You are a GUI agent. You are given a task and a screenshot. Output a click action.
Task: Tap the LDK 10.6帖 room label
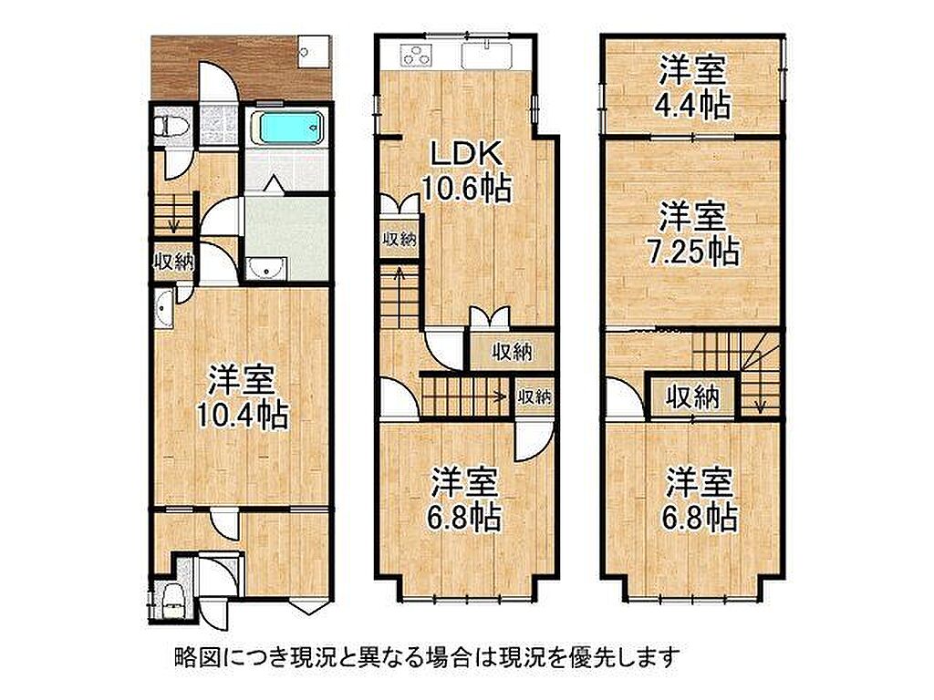pyautogui.click(x=466, y=172)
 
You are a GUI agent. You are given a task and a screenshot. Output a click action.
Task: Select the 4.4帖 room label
pyautogui.click(x=692, y=88)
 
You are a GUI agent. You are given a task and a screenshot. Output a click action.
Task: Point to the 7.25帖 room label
pyautogui.click(x=692, y=234)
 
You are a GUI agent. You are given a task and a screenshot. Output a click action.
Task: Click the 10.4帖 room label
pyautogui.click(x=242, y=397)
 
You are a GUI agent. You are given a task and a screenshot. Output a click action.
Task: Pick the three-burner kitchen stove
pyautogui.click(x=414, y=57)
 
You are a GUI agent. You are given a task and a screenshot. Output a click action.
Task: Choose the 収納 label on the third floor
pyautogui.click(x=692, y=396)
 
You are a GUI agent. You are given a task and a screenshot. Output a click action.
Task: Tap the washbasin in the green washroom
pyautogui.click(x=266, y=269)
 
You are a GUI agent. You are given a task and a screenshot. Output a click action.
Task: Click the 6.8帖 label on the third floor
pyautogui.click(x=700, y=500)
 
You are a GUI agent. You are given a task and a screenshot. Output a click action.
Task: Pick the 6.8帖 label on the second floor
pyautogui.click(x=464, y=500)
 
